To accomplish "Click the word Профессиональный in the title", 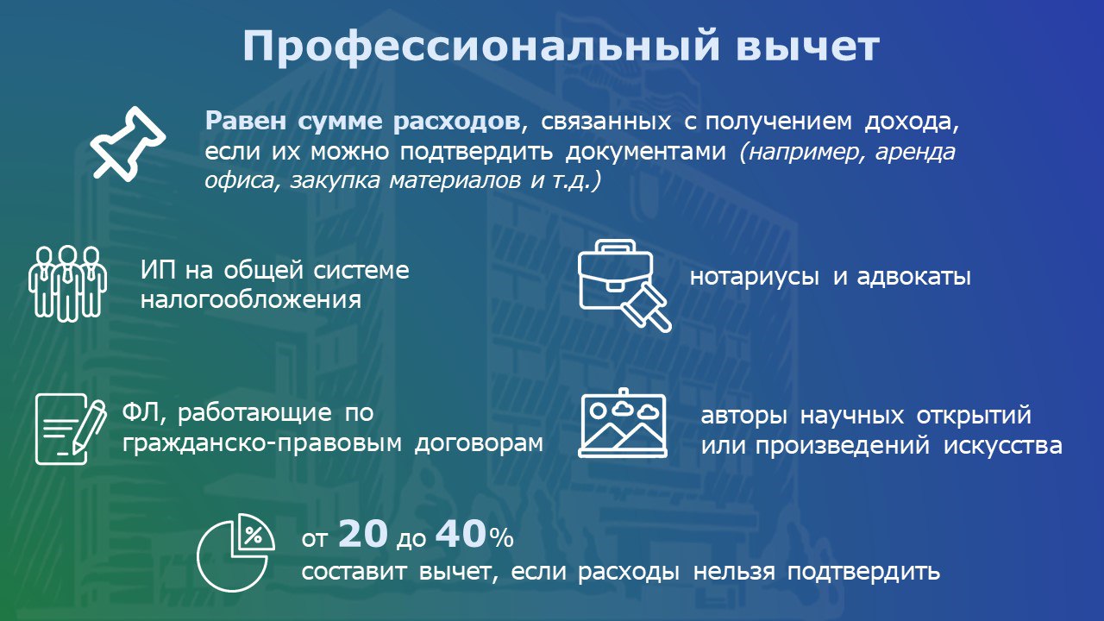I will (x=479, y=47).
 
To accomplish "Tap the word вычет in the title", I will (x=806, y=47).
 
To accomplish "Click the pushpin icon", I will (x=128, y=142).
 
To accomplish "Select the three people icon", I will (x=67, y=283).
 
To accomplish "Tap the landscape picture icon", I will (x=623, y=423).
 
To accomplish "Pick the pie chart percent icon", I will (x=236, y=553).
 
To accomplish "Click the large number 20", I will (x=363, y=535).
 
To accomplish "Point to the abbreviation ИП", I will (x=159, y=270).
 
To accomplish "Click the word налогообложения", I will (x=250, y=301).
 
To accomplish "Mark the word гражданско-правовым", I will (x=264, y=443).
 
